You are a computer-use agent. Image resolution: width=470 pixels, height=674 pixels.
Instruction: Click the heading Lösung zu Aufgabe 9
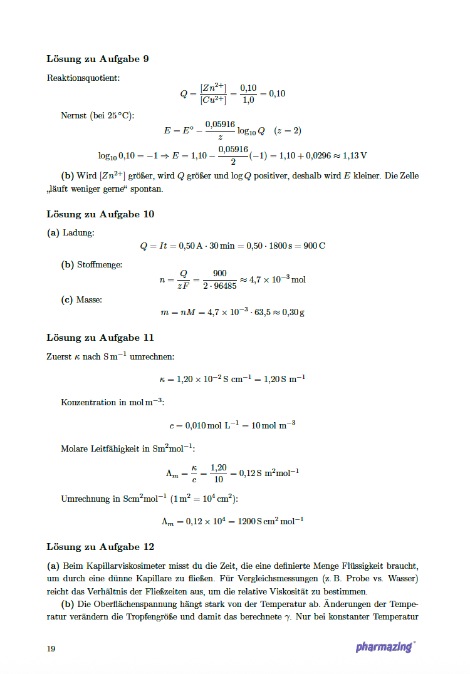(x=97, y=59)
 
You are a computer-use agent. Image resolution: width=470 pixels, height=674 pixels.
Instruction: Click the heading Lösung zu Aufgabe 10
(x=100, y=214)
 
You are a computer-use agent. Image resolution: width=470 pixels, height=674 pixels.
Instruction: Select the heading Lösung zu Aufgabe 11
(x=100, y=337)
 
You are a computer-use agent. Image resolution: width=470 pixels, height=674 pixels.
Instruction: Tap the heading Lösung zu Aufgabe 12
(x=100, y=546)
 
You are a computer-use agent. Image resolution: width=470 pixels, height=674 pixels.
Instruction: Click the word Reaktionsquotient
(x=83, y=78)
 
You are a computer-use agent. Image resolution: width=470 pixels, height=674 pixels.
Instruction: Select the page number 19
(x=51, y=648)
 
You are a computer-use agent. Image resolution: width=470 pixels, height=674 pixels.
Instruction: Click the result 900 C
(x=314, y=246)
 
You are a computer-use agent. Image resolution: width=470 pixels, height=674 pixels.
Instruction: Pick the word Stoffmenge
(x=99, y=264)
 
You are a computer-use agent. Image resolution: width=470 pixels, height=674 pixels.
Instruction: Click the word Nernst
(x=73, y=115)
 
